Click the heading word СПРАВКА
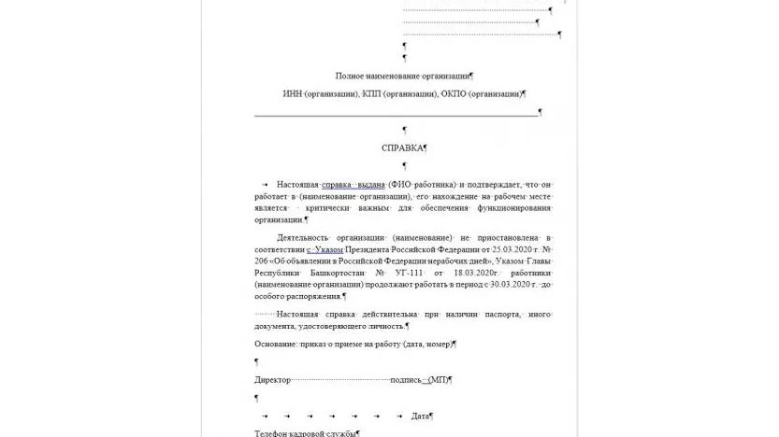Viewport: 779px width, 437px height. pyautogui.click(x=402, y=148)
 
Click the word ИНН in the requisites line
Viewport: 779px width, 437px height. pyautogui.click(x=293, y=94)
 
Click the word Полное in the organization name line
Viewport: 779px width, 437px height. pyautogui.click(x=351, y=76)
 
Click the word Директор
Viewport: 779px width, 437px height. pyautogui.click(x=272, y=380)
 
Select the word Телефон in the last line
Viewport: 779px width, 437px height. pyautogui.click(x=271, y=433)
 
